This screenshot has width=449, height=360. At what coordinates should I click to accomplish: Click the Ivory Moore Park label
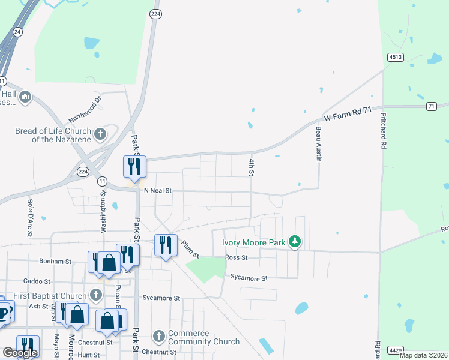pos(253,243)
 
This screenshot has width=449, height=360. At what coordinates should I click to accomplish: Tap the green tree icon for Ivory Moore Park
pos(294,242)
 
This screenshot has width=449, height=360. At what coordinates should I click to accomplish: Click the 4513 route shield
pos(395,57)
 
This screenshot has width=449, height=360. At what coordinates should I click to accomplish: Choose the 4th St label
pos(252,167)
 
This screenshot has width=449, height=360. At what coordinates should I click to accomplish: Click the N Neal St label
pos(158,191)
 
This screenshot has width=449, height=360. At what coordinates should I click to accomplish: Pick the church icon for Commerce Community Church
pos(158,337)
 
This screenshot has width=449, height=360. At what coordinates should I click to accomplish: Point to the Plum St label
pos(189,247)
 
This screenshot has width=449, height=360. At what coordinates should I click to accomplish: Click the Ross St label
pos(236,257)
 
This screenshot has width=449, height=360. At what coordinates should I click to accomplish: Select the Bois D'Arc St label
pos(29,212)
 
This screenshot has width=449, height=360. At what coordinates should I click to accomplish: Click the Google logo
pos(20,353)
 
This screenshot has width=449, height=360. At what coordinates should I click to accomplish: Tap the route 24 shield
pos(17,32)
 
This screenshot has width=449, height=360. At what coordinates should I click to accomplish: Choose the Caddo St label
pos(36,281)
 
